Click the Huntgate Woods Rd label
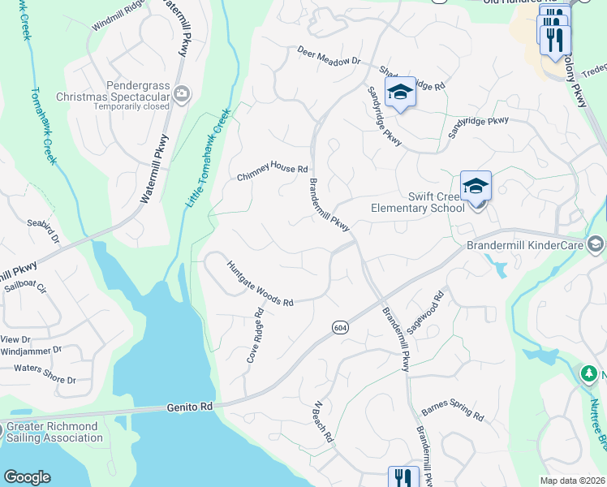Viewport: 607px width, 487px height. coord(259,283)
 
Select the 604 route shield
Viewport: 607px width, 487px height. coord(340,326)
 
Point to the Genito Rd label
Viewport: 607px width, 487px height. coord(190,407)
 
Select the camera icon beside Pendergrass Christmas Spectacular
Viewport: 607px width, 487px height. coord(182,95)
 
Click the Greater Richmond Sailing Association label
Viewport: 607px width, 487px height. coord(54,432)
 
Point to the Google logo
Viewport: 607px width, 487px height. coord(27,477)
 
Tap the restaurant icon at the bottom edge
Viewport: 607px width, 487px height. coord(402,476)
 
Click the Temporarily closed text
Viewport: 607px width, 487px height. coord(131,106)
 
